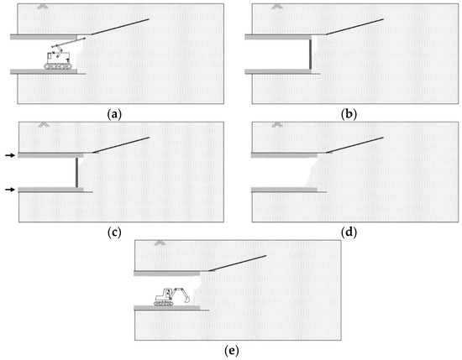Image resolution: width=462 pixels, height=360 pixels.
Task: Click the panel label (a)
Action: (114, 114)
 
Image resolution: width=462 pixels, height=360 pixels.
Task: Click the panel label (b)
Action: (349, 114)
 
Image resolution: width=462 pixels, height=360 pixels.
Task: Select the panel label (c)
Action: (114, 232)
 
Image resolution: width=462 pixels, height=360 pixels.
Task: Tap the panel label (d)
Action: (349, 232)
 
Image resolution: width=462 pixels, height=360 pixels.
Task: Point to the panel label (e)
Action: (232, 351)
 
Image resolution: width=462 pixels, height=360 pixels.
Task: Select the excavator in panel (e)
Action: (171, 296)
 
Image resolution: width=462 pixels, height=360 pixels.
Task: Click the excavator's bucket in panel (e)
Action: (186, 300)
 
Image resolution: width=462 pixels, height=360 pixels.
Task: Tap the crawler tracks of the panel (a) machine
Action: (58, 66)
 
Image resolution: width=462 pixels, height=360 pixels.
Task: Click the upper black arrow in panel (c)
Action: (10, 155)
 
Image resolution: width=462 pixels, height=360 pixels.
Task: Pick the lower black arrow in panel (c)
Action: (10, 190)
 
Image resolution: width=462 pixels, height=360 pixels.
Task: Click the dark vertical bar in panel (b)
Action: (310, 55)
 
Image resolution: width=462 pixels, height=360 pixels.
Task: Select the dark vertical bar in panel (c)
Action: (76, 173)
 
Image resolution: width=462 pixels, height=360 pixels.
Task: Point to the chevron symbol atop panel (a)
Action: (43, 7)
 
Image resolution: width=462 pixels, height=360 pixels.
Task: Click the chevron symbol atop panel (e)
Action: (160, 243)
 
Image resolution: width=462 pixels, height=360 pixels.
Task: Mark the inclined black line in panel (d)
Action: (355, 145)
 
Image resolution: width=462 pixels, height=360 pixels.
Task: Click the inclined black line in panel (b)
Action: (354, 27)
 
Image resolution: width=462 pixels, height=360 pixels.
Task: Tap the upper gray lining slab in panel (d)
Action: (284, 155)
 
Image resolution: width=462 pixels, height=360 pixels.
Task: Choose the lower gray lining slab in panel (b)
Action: (278, 71)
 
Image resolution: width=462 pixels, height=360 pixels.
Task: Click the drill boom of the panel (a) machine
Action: (69, 43)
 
